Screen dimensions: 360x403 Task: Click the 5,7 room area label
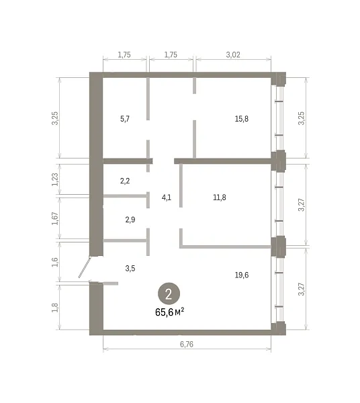coord(125,119)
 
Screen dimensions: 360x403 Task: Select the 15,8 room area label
coord(242,119)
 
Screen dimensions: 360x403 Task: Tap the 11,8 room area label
coord(220,197)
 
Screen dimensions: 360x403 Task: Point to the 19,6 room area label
coord(242,275)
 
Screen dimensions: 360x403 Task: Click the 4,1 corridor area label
coord(167,197)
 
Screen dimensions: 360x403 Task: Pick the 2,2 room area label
coord(125,181)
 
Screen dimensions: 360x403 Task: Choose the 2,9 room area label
coord(130,220)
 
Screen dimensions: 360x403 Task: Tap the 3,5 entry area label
coord(130,268)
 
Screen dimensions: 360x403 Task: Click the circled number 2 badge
coord(169,294)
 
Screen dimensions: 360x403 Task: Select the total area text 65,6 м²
coord(170,312)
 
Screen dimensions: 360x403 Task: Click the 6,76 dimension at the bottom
coord(187,344)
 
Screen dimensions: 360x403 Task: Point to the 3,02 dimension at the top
coord(233,55)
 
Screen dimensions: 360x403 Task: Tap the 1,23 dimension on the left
coord(55,179)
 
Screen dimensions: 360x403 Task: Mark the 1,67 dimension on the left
coord(55,218)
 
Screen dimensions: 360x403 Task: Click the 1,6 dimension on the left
coord(55,262)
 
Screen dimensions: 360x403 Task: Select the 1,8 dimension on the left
coord(55,308)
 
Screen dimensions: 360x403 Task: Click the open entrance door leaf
coord(85,267)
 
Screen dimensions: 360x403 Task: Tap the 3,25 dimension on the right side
coord(301,118)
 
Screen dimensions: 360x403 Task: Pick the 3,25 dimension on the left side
coord(55,118)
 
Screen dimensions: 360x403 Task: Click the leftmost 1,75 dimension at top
coord(124,55)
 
